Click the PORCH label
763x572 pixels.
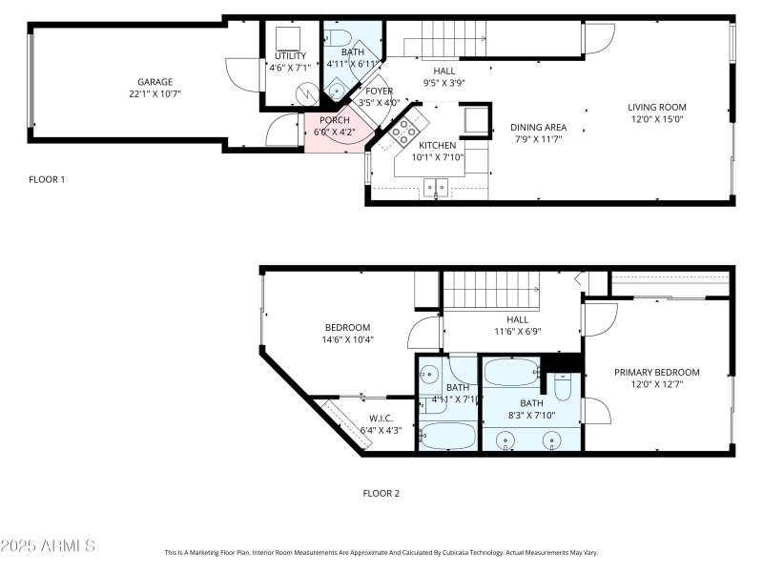click(334, 120)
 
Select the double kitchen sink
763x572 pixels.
click(438, 188)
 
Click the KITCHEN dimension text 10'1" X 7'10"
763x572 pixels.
click(438, 157)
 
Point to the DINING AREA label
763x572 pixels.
click(538, 127)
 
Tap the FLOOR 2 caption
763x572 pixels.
click(381, 494)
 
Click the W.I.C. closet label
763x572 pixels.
click(381, 418)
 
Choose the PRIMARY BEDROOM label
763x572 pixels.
click(656, 373)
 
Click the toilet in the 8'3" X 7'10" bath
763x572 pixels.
click(563, 385)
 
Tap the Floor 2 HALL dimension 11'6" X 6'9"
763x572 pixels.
click(518, 332)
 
